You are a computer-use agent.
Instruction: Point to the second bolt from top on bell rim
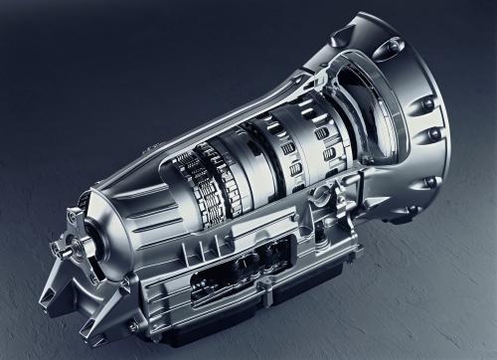click(x=427, y=102)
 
